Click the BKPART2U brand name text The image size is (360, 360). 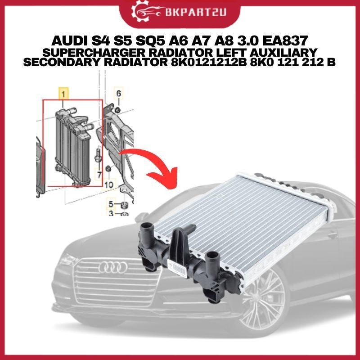(x=195, y=12)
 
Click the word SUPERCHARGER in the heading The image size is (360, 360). (x=94, y=52)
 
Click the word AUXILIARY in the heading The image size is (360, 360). (x=278, y=52)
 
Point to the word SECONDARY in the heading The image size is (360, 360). (x=62, y=62)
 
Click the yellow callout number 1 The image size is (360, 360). (x=63, y=94)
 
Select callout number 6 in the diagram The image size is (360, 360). (x=118, y=94)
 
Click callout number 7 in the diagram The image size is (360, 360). (x=99, y=175)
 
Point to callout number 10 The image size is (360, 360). (x=108, y=185)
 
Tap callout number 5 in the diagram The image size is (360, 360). (x=111, y=204)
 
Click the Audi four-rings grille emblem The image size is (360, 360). (x=113, y=267)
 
